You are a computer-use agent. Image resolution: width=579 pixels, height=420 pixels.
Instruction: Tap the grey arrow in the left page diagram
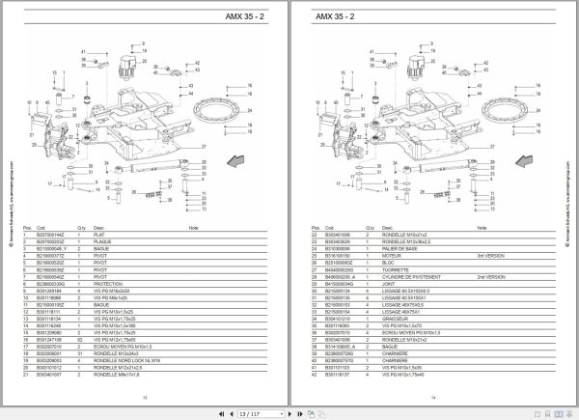[x=236, y=158]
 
